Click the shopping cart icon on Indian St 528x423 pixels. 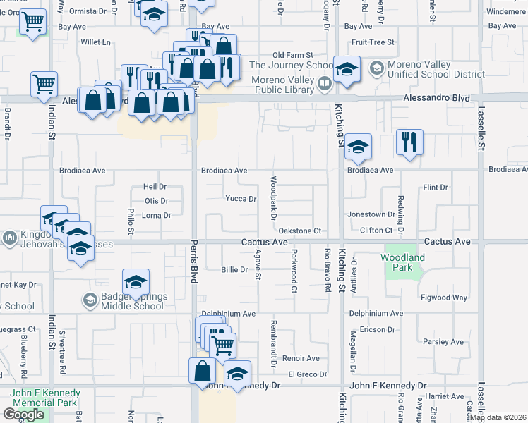[x=44, y=84]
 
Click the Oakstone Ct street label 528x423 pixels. [x=300, y=231]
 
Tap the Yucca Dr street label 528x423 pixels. [x=241, y=199]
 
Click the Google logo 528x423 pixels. [x=23, y=414]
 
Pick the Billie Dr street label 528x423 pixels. [x=234, y=269]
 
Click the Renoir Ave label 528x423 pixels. [x=301, y=358]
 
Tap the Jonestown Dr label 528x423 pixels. [x=371, y=214]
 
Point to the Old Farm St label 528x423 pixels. [x=292, y=54]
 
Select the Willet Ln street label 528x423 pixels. [x=96, y=42]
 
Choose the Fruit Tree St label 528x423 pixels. [x=372, y=42]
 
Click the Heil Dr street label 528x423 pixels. [x=155, y=187]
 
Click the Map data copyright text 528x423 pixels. [x=498, y=417]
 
